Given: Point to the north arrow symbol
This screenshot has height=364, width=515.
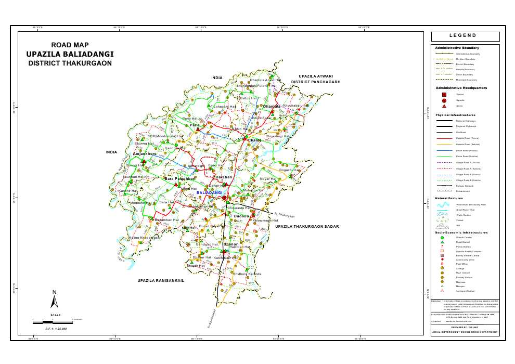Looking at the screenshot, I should [x=54, y=300].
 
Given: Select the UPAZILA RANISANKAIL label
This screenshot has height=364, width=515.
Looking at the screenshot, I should [x=161, y=280].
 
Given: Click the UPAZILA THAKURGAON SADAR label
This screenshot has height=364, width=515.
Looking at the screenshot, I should [x=307, y=227].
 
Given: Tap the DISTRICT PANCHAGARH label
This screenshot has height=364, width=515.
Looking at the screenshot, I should [x=315, y=82].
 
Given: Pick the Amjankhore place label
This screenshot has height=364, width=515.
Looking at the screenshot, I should [x=145, y=154].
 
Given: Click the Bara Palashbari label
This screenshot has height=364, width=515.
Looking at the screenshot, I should [x=180, y=179].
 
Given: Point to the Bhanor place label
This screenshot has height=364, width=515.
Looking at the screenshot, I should [x=230, y=244].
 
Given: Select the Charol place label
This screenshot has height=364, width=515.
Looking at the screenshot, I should [x=254, y=140].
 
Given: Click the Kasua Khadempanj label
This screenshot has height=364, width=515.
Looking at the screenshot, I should [x=145, y=238].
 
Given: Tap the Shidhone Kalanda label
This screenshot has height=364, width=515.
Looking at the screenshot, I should [x=248, y=274].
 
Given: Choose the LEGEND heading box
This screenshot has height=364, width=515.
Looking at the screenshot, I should [x=465, y=36].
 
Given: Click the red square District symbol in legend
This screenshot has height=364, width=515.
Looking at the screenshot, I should [x=444, y=94].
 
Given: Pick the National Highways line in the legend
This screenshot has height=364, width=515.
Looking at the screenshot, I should [x=444, y=121].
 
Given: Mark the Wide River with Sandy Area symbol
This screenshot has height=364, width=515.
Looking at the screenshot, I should [x=444, y=204].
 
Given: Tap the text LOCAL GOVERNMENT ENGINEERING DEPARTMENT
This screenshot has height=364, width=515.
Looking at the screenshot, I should [x=465, y=332].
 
